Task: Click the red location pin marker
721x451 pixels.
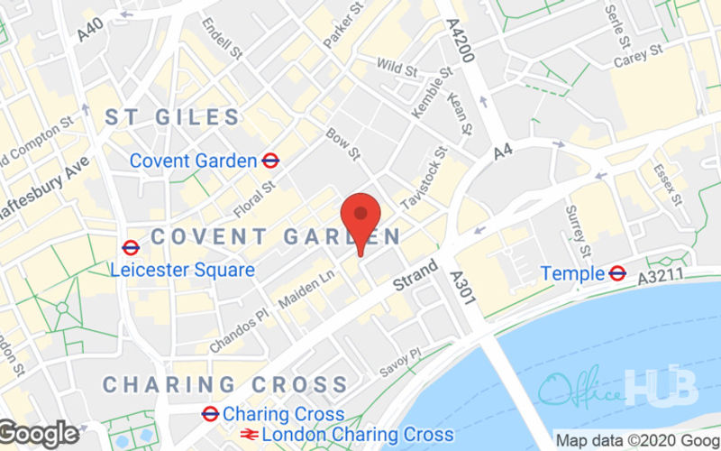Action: click(360, 216)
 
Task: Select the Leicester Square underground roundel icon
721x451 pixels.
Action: click(131, 246)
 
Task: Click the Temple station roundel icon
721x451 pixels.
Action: click(617, 272)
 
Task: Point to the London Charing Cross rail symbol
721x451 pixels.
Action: click(249, 435)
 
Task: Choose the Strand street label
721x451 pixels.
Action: click(415, 275)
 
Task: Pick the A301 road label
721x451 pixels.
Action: click(461, 290)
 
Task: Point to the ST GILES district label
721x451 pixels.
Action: click(173, 117)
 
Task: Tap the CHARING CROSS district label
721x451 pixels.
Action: click(224, 384)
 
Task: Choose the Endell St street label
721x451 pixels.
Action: click(223, 39)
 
